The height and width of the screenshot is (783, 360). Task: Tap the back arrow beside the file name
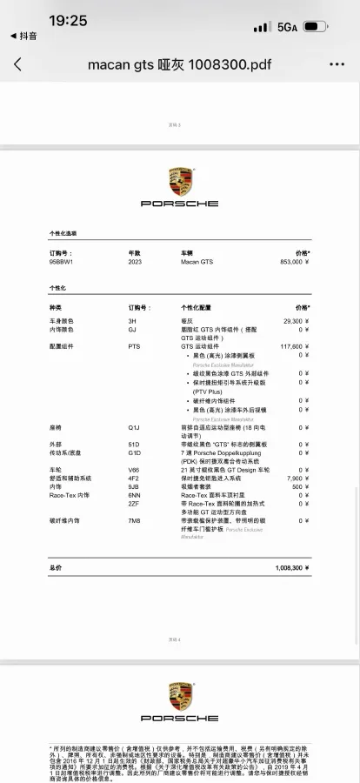pyautogui.click(x=18, y=64)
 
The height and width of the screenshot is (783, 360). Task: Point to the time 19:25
pyautogui.click(x=67, y=20)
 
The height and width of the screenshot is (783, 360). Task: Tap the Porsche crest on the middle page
pyautogui.click(x=180, y=182)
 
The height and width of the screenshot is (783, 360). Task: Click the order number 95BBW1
pyautogui.click(x=61, y=261)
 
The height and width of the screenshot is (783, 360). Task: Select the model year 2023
pyautogui.click(x=134, y=261)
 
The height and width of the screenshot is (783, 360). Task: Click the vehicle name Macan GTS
pyautogui.click(x=197, y=261)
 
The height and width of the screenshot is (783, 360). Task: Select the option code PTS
pyautogui.click(x=134, y=346)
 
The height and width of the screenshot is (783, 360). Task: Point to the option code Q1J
pyautogui.click(x=134, y=428)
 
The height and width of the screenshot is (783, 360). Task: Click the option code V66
pyautogui.click(x=134, y=470)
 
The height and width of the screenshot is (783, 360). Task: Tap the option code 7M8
pyautogui.click(x=134, y=520)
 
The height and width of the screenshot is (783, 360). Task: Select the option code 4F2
pyautogui.click(x=134, y=478)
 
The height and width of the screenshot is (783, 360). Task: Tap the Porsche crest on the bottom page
pyautogui.click(x=180, y=696)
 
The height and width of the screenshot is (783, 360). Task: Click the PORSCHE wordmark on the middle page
pyautogui.click(x=180, y=204)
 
